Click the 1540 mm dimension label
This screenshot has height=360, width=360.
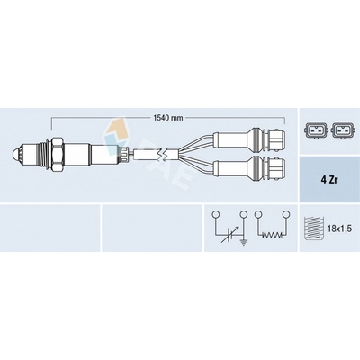168,118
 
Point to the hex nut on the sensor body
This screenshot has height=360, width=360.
57,155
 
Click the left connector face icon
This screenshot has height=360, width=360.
314,130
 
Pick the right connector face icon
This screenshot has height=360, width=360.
343,130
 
